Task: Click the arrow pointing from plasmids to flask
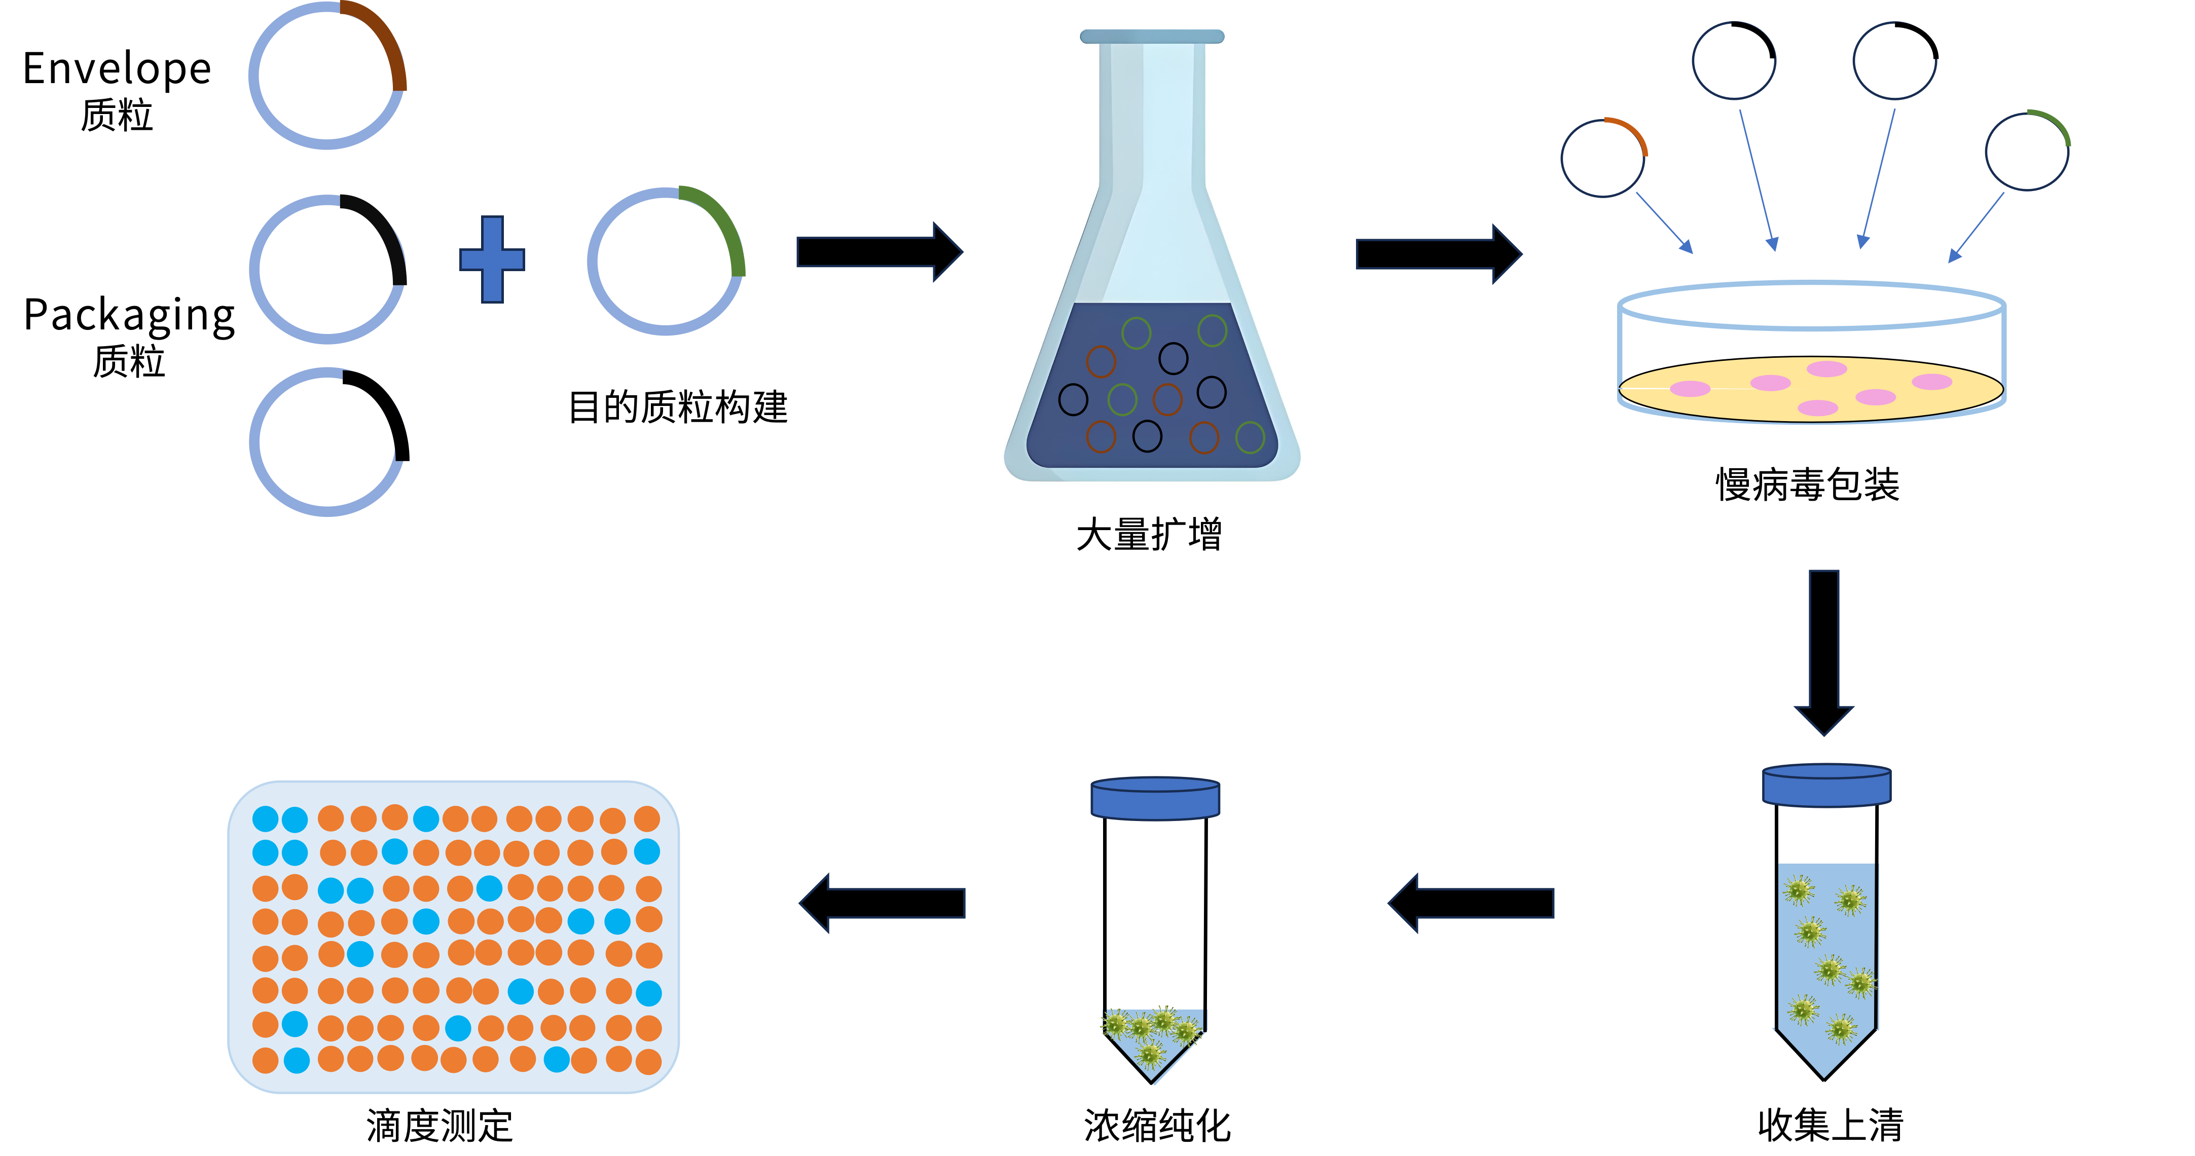click(x=877, y=252)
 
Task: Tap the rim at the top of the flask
click(x=1152, y=36)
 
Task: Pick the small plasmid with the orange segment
click(x=1603, y=158)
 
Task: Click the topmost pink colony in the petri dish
click(x=1827, y=369)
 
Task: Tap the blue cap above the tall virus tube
click(x=1826, y=785)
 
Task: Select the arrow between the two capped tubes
click(x=1472, y=903)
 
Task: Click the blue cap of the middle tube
click(x=1155, y=798)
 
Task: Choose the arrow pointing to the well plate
click(x=882, y=903)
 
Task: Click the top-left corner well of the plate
click(x=265, y=818)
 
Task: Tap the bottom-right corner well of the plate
click(x=648, y=1061)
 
